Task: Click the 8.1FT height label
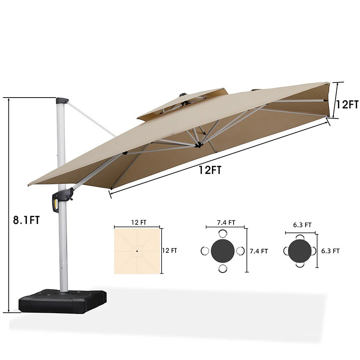[27, 220]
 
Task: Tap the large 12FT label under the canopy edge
[210, 170]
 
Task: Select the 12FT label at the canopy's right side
[346, 105]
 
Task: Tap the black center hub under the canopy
[198, 145]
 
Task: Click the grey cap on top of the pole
[62, 100]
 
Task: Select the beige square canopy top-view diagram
[137, 250]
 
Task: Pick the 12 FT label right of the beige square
[169, 250]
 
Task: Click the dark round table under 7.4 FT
[223, 251]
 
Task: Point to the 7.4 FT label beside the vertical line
[258, 251]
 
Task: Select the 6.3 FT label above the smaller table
[302, 225]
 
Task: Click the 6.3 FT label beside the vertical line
[330, 251]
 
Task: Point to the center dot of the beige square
[137, 251]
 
